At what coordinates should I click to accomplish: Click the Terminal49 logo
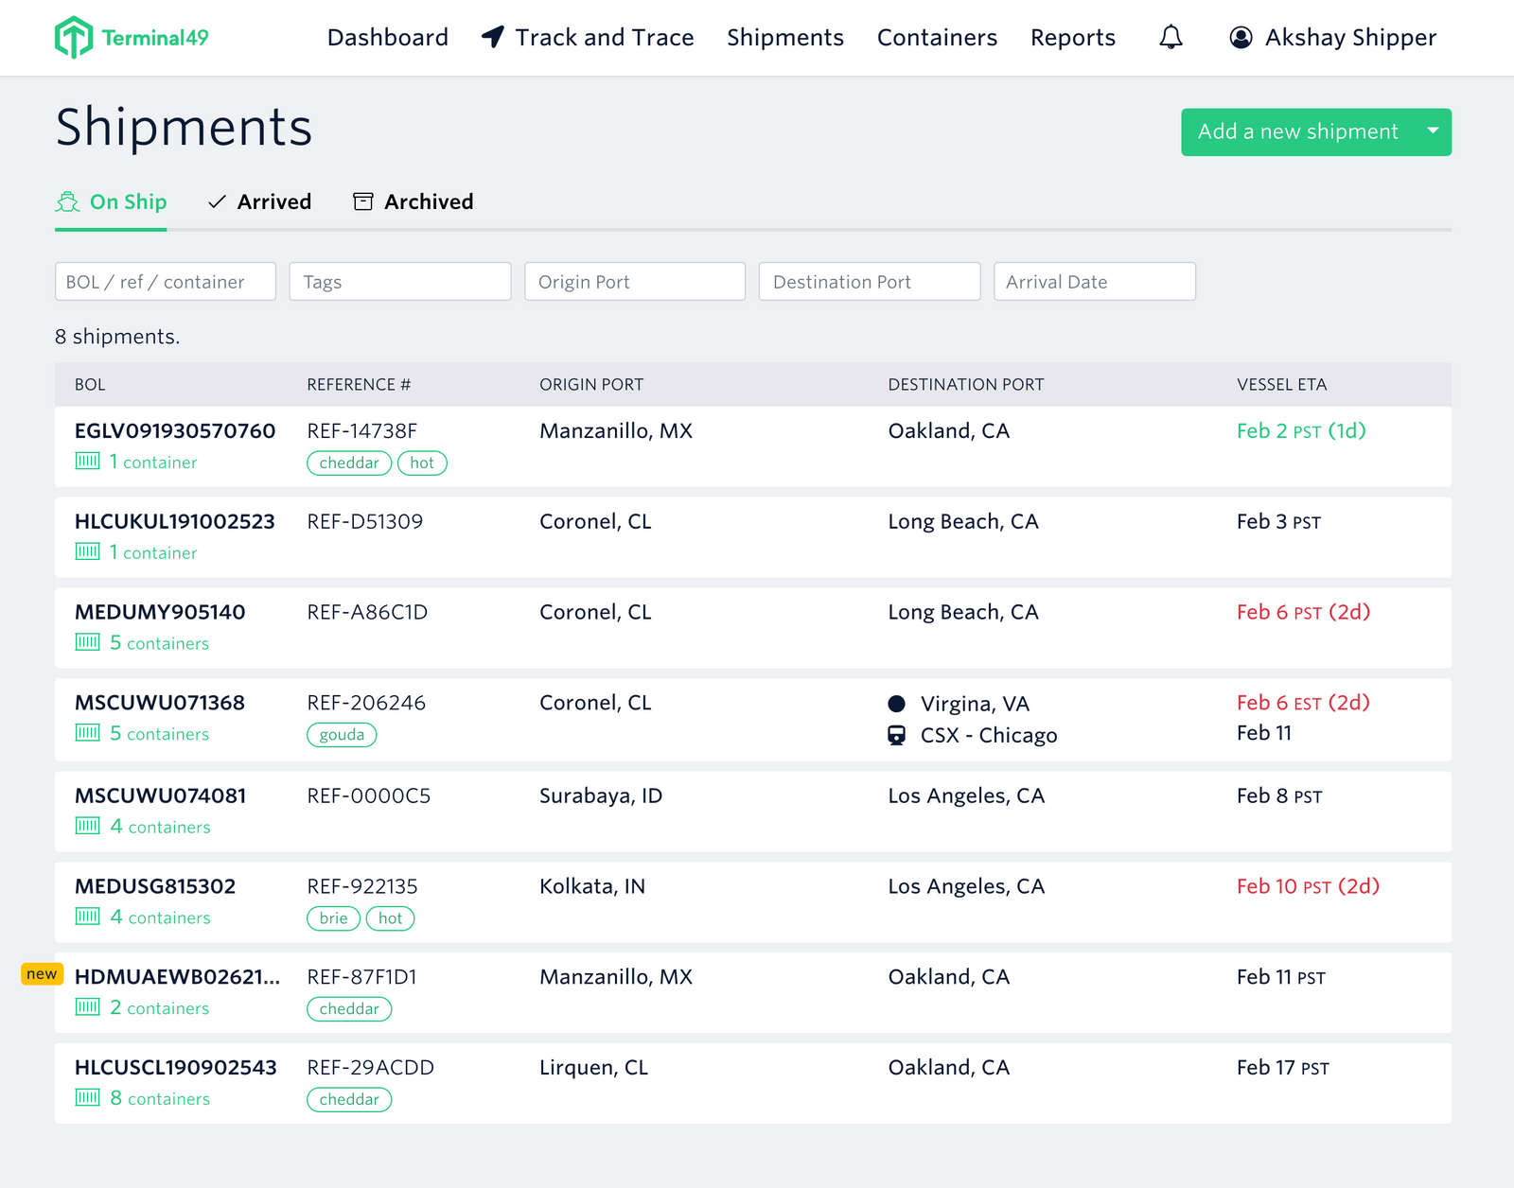click(131, 38)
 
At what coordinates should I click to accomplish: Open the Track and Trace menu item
click(588, 38)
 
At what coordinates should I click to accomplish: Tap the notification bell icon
click(1171, 38)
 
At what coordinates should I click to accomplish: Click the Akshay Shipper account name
click(1350, 38)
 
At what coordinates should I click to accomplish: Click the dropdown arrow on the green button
click(1433, 131)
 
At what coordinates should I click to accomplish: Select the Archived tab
click(414, 201)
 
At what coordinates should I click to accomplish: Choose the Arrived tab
click(260, 201)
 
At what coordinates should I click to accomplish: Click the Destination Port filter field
click(869, 282)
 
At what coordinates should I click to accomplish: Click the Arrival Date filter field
click(1094, 282)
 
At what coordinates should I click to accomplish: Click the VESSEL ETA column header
click(1281, 385)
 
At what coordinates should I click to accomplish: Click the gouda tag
click(342, 735)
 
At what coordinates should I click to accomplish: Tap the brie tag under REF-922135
click(333, 918)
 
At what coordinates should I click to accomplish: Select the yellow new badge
click(42, 974)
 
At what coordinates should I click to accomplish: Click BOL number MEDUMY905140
click(160, 612)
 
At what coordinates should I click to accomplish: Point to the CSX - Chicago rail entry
click(988, 735)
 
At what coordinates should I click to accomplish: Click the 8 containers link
click(159, 1099)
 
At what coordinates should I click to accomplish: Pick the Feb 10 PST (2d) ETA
click(1308, 886)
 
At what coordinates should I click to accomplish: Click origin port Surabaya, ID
click(600, 795)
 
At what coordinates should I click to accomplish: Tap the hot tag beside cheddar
click(422, 463)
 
